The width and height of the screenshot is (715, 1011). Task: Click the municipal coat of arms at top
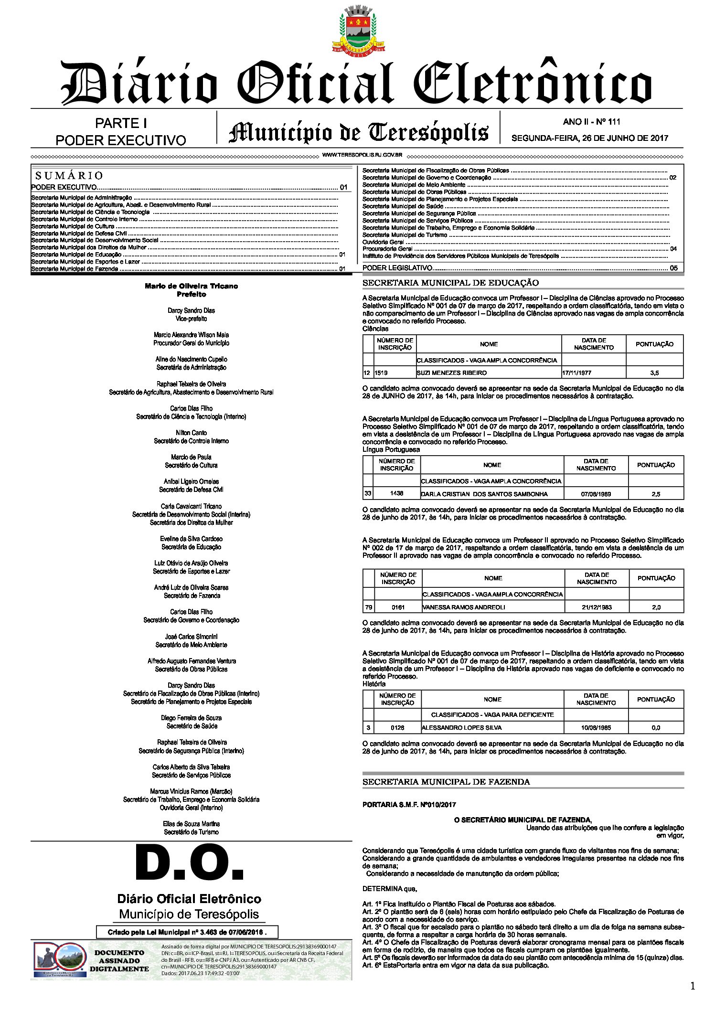[358, 30]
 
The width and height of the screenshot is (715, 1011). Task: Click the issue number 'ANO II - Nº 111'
[591, 122]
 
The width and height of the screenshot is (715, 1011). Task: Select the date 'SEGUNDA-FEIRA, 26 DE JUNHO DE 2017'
[590, 138]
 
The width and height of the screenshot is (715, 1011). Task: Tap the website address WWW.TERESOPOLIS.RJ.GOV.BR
[362, 155]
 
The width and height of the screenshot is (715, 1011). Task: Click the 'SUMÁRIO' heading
[69, 175]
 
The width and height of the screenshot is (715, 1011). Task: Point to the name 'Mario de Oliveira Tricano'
[191, 286]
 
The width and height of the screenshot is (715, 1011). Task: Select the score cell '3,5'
[654, 372]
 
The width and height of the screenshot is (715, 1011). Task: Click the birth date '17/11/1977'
[576, 372]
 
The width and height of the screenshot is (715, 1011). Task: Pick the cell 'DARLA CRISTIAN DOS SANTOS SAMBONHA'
[484, 494]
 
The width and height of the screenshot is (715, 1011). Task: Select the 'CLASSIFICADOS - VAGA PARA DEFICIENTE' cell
[492, 715]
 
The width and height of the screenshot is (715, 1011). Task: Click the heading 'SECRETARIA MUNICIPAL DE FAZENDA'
[446, 782]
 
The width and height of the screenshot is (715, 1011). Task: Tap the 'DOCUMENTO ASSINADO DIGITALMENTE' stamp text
[119, 961]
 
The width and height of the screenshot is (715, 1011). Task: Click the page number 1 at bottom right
[693, 987]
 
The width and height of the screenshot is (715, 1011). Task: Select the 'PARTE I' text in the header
[121, 123]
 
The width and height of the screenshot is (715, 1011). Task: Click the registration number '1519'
[381, 372]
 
